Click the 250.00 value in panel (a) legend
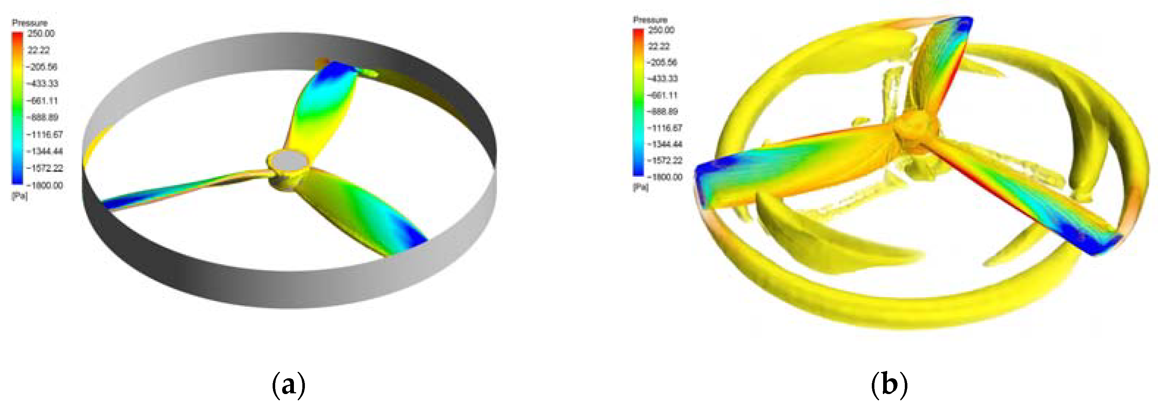click(x=41, y=33)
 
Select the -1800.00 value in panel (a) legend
click(x=44, y=185)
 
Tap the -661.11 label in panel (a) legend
click(x=42, y=101)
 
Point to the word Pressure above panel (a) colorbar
click(x=30, y=22)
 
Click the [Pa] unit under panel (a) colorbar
click(x=19, y=196)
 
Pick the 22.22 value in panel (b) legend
click(x=659, y=46)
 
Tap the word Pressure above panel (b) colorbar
click(x=650, y=19)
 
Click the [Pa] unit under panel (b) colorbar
click(x=641, y=187)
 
